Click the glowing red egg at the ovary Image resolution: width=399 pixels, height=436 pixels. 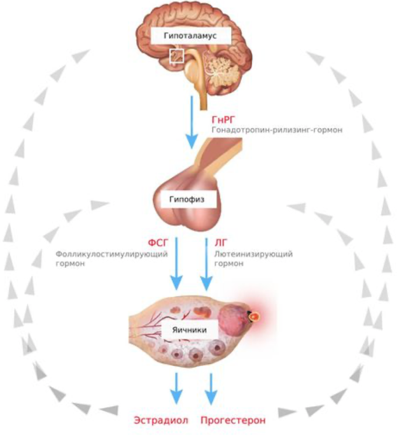click(x=255, y=316)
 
